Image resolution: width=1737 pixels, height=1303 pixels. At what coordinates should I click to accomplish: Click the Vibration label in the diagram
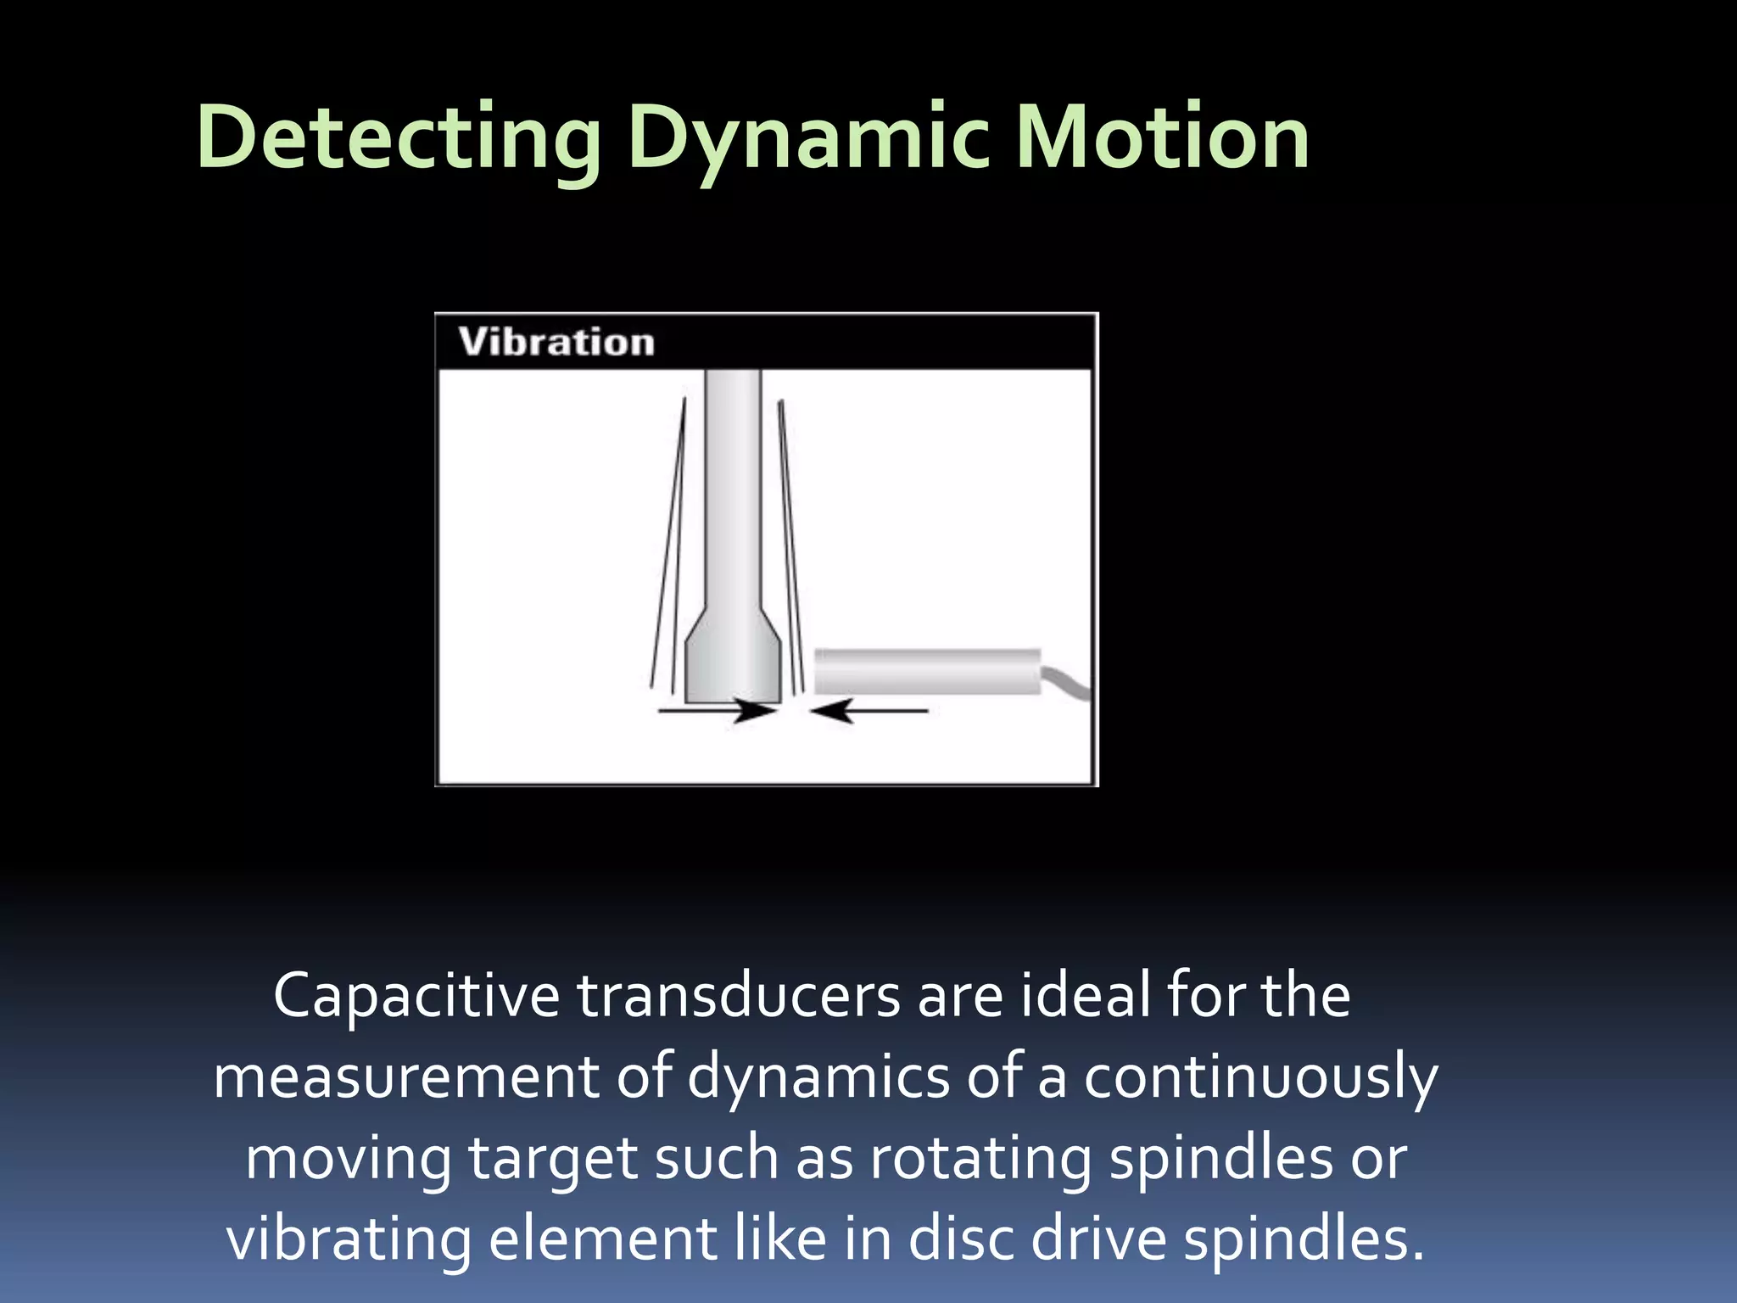[556, 342]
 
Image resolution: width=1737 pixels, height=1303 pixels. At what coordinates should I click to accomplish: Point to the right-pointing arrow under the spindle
[717, 711]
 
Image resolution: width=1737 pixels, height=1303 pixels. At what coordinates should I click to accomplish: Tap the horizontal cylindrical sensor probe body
[927, 672]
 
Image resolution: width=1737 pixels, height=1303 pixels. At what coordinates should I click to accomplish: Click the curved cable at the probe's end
[1067, 684]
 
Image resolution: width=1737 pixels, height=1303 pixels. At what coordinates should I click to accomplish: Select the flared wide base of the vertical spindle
[733, 662]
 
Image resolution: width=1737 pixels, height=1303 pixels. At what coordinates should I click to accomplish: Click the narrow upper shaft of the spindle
[733, 484]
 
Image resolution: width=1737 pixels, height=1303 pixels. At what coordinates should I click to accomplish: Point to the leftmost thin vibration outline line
[667, 543]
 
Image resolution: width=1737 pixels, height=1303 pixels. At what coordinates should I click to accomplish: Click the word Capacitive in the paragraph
[416, 996]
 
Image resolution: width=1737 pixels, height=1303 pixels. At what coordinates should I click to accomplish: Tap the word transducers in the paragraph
[739, 996]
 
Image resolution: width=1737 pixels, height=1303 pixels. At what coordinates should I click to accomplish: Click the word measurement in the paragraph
[406, 1077]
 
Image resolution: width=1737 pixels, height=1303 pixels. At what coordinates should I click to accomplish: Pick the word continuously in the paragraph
[1260, 1077]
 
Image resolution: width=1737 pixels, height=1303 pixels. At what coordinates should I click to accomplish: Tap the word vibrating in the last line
[348, 1239]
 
